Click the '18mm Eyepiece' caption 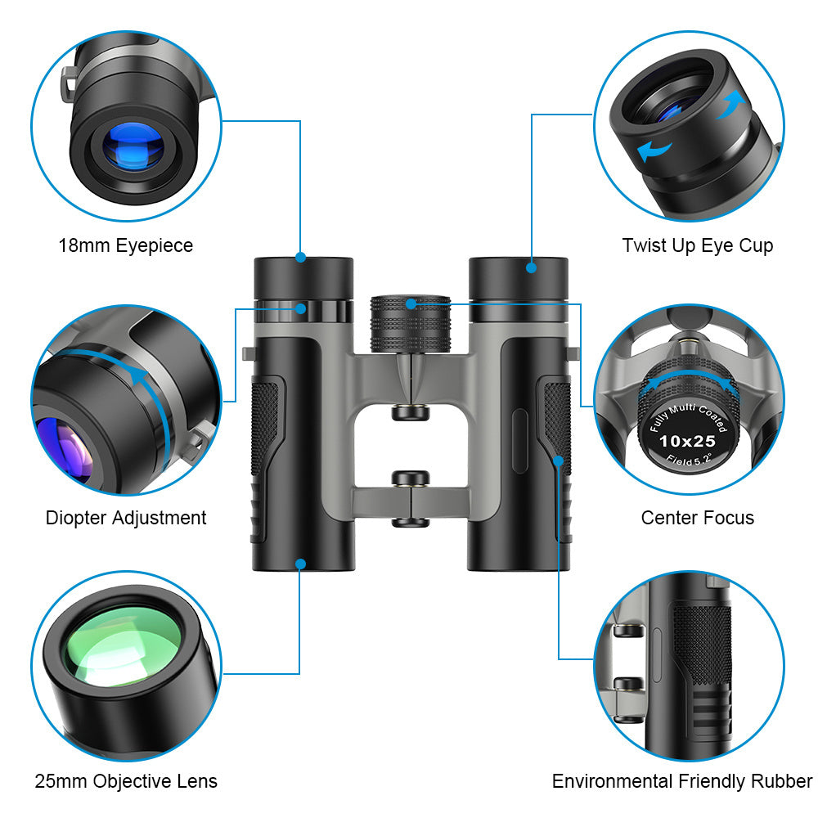click(126, 245)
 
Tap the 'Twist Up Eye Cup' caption click(697, 245)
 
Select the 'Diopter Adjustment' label click(126, 518)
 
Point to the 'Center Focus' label click(697, 518)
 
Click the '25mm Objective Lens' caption click(126, 781)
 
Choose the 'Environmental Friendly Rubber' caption click(682, 781)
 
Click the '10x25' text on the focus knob click(687, 441)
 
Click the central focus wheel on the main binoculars click(411, 324)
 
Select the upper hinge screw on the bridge click(410, 411)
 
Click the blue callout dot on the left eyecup click(301, 258)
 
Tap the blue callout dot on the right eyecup click(532, 267)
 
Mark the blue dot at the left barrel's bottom click(301, 564)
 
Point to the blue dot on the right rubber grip click(559, 461)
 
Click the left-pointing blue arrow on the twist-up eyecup click(654, 150)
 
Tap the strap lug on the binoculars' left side click(248, 353)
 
